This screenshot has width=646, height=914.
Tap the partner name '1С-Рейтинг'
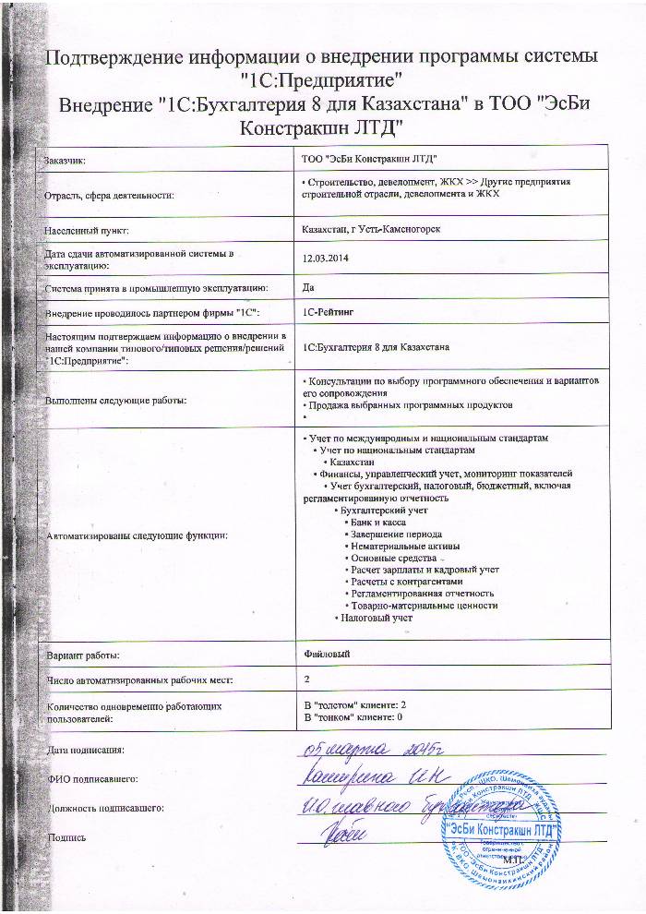[329, 313]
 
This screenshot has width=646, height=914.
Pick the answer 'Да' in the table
[308, 287]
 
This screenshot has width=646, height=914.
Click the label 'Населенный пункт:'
[86, 228]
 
